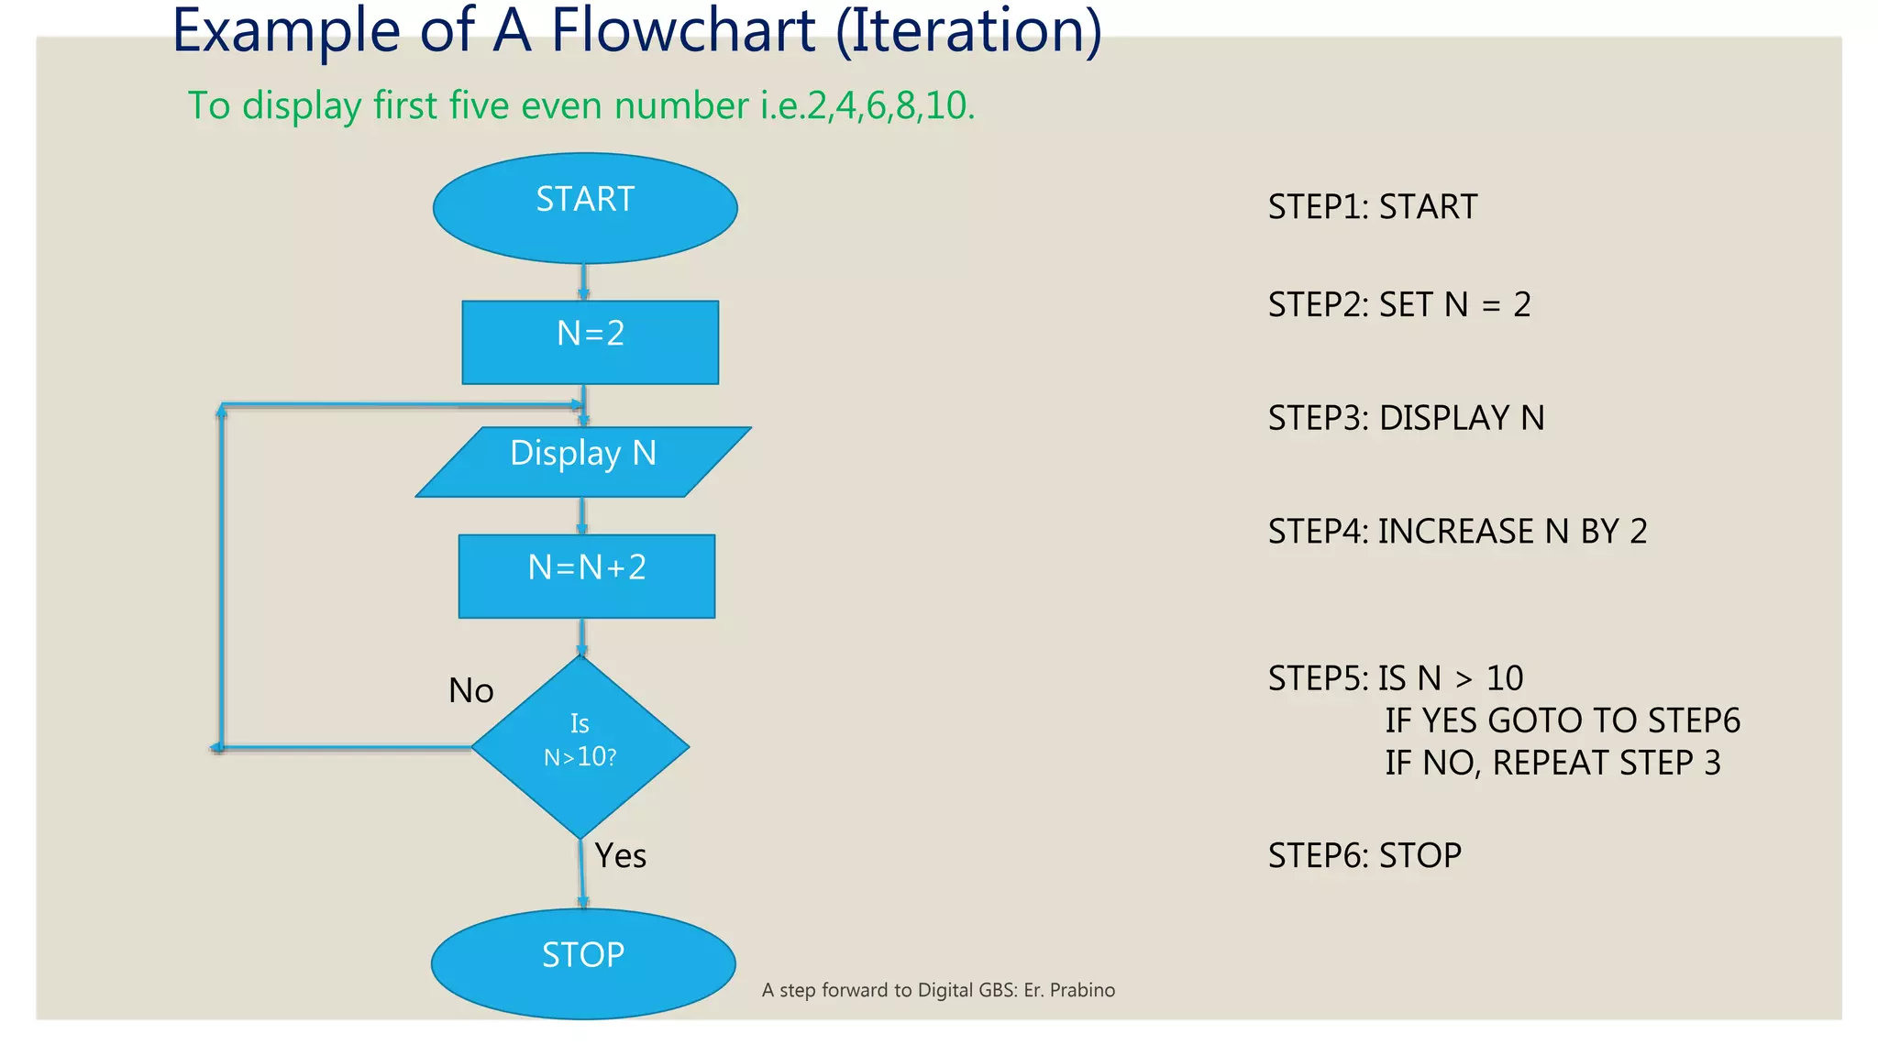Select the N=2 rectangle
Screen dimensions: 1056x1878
pos(590,342)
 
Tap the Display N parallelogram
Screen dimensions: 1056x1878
pos(583,462)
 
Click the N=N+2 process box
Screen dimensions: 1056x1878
pos(587,576)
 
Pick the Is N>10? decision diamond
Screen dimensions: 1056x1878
pos(580,746)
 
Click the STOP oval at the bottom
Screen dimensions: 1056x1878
pos(583,962)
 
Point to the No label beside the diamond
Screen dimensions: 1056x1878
pos(470,691)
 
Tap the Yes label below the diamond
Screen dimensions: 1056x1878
pos(621,856)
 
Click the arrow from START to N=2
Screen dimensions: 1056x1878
pos(583,281)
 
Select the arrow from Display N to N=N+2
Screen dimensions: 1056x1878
pos(581,515)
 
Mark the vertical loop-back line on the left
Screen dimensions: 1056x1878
pos(221,577)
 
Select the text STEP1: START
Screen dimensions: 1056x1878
pos(1372,207)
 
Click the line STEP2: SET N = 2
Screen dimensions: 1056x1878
pos(1398,304)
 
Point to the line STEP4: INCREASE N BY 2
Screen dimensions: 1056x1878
pos(1457,532)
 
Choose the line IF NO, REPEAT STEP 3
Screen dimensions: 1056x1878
pos(1552,763)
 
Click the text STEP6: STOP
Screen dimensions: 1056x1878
pos(1364,856)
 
